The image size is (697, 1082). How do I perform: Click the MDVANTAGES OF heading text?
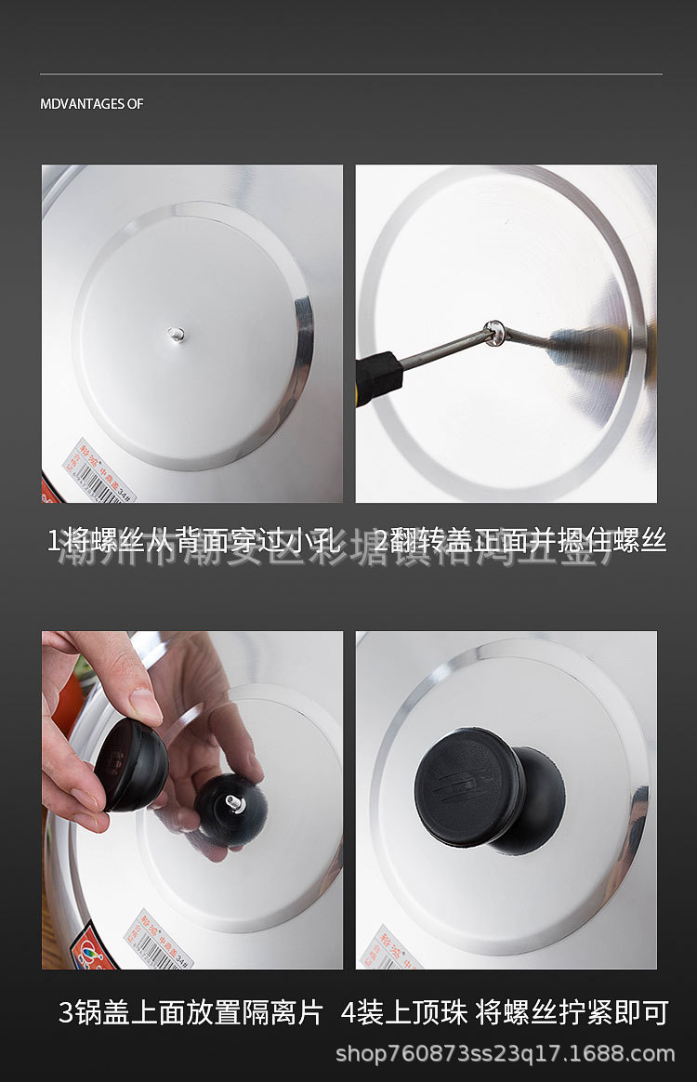(x=91, y=104)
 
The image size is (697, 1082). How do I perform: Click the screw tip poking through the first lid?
(x=175, y=334)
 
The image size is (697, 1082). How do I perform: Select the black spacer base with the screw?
(x=230, y=807)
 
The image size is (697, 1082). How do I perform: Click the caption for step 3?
(x=191, y=1011)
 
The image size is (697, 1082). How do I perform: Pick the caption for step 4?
(x=504, y=1011)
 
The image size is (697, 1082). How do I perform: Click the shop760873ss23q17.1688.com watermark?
(x=505, y=1053)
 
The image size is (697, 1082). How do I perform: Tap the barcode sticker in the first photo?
(x=99, y=471)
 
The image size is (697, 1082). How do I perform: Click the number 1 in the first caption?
(x=53, y=541)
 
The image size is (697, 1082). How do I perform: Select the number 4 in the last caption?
(x=348, y=1011)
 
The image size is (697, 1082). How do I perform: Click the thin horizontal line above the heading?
(x=350, y=73)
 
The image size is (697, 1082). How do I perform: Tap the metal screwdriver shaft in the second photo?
(x=444, y=350)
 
